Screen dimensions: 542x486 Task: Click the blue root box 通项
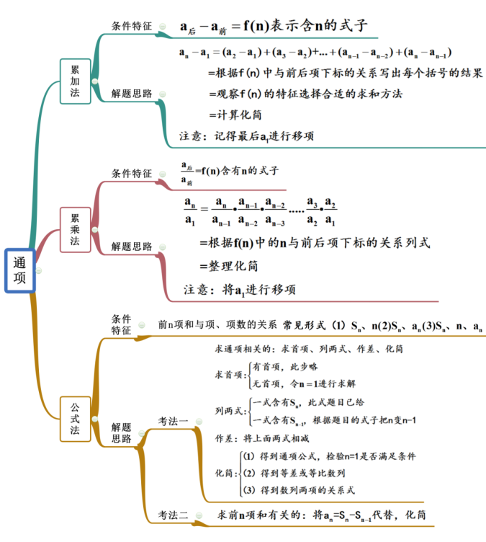pos(20,271)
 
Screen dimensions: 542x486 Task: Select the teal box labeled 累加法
pos(75,81)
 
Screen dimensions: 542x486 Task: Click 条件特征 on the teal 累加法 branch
pos(132,25)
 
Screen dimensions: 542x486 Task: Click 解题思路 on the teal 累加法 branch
pos(132,94)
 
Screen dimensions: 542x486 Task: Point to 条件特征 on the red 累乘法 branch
pos(132,174)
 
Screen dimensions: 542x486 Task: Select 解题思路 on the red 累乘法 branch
pos(132,246)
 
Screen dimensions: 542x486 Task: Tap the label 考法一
pos(174,420)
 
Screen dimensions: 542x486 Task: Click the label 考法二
pos(174,515)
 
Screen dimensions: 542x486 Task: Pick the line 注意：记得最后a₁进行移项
pos(246,135)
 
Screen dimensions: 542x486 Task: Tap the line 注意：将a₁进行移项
pos(239,290)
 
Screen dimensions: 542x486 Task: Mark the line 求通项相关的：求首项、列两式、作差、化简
pos(309,349)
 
